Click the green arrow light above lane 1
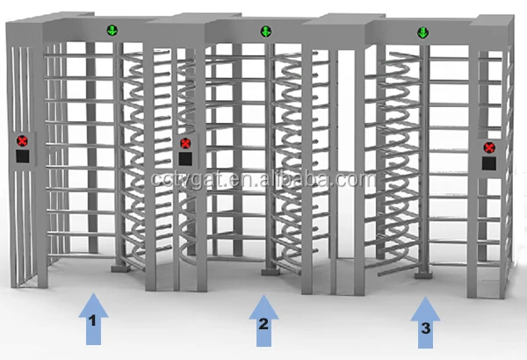112,31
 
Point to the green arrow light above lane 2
265,32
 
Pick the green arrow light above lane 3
422,33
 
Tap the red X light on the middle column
185,143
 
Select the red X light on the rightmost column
489,148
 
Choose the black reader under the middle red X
185,159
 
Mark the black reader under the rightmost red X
489,163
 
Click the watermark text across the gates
263,178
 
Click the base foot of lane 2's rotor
267,275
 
